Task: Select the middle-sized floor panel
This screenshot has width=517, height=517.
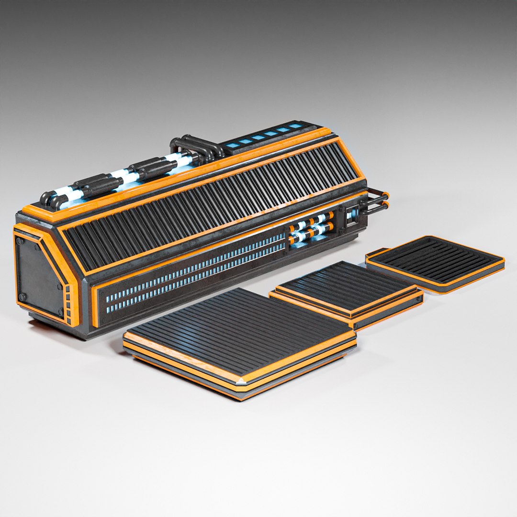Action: [x=347, y=287]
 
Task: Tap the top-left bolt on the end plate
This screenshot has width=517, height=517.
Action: [x=21, y=242]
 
